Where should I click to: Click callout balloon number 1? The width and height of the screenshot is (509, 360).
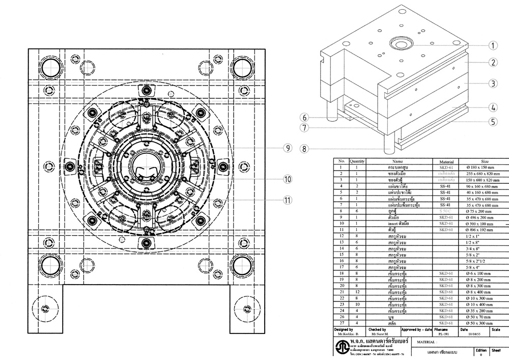[x=493, y=45]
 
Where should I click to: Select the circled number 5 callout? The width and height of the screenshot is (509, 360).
[x=493, y=121]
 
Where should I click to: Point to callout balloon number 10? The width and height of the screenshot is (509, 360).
[x=288, y=179]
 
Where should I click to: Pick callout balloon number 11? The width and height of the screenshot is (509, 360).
[x=288, y=200]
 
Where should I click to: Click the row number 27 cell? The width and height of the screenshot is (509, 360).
[x=341, y=323]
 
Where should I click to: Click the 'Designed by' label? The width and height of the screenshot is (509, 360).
[x=344, y=329]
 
